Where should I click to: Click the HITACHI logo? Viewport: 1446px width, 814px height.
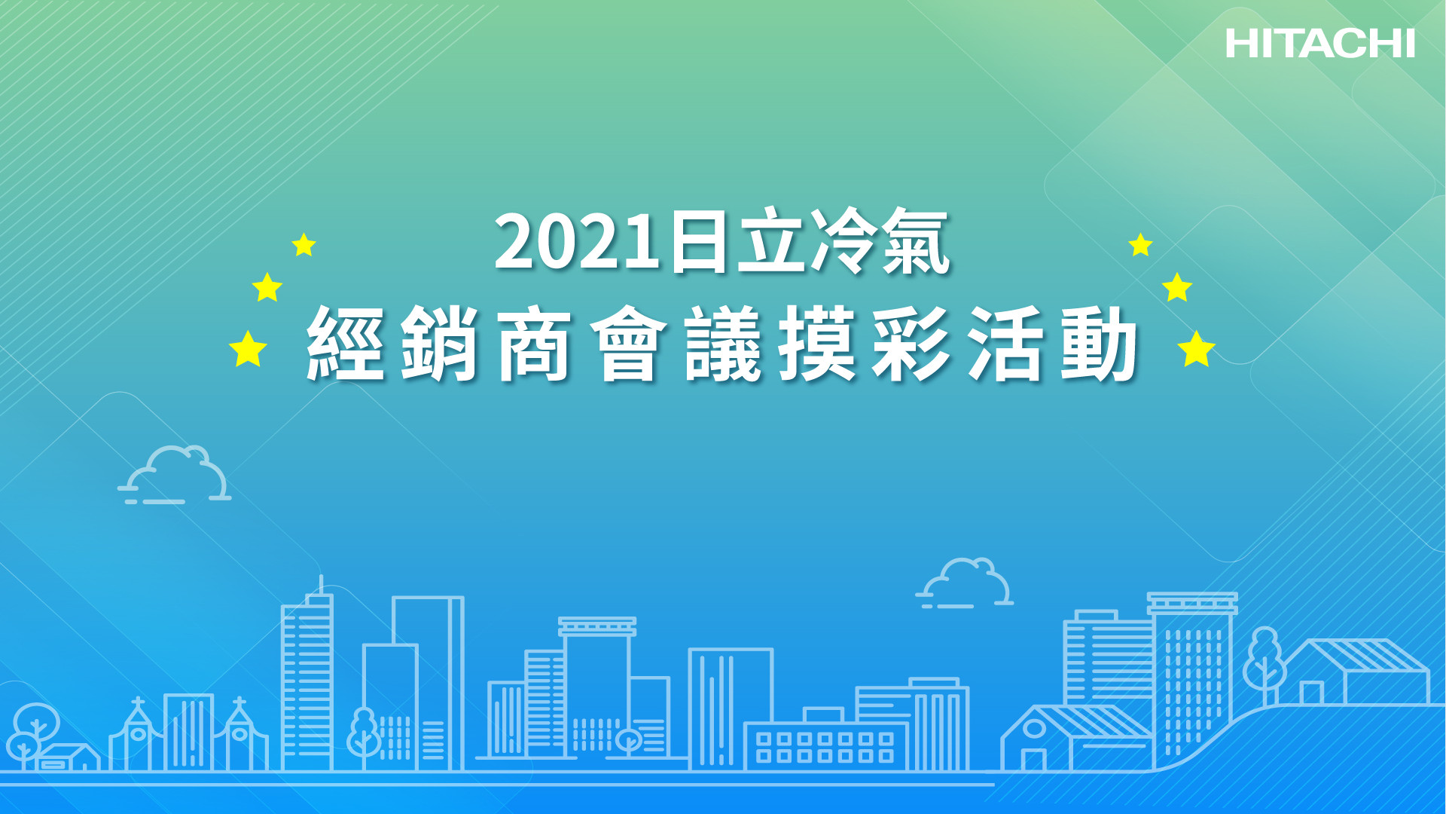click(x=1319, y=44)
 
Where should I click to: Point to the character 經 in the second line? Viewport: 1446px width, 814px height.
click(x=345, y=344)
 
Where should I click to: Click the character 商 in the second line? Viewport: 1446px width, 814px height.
click(x=534, y=344)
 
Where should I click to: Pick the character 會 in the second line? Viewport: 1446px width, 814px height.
click(x=628, y=344)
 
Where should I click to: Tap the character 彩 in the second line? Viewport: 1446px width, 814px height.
click(x=911, y=344)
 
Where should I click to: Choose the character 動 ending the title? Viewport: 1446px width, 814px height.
click(x=1100, y=344)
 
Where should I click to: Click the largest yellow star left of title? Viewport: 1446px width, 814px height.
click(x=248, y=349)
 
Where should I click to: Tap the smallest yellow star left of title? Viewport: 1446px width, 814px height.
click(x=304, y=244)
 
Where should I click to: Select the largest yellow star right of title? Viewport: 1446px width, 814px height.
click(x=1196, y=349)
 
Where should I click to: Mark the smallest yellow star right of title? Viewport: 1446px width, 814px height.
click(x=1140, y=244)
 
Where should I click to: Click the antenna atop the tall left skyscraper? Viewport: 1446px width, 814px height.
click(x=321, y=585)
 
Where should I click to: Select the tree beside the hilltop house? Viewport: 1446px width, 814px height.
click(x=1264, y=659)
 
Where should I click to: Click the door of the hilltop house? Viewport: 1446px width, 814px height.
click(x=1311, y=693)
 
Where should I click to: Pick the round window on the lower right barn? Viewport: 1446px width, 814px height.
click(x=1034, y=728)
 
